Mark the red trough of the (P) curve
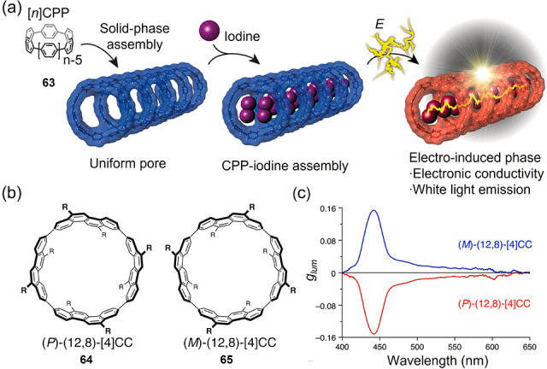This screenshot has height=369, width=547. coord(373,332)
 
